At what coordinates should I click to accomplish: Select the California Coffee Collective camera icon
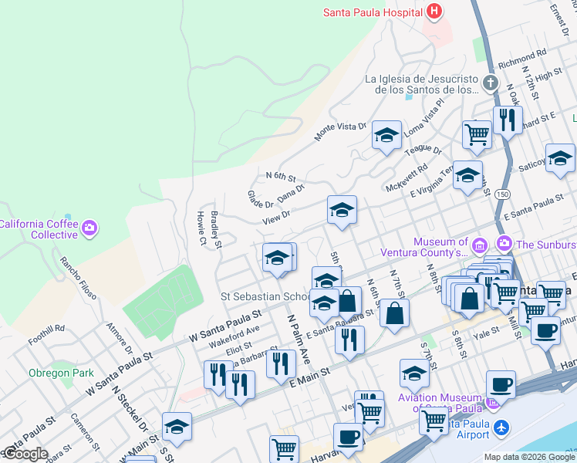89,228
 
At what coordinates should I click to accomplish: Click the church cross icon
489,83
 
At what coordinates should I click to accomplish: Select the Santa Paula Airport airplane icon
501,427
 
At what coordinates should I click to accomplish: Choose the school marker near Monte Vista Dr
386,135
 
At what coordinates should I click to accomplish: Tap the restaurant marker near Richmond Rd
508,120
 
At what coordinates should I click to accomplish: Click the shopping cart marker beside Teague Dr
477,133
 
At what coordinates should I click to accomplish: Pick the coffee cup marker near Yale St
546,330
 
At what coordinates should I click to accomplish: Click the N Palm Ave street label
299,340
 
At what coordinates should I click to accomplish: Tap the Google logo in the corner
25,454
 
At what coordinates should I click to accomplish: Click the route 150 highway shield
503,193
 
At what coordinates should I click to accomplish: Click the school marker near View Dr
341,209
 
